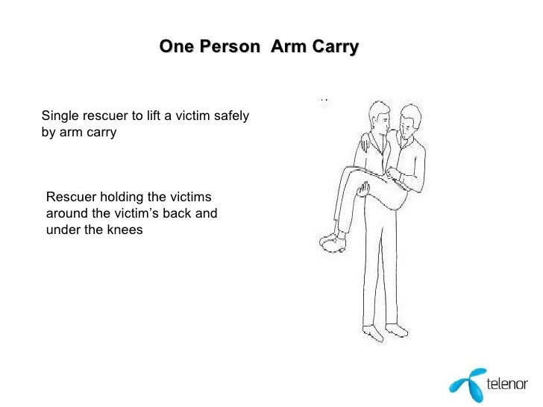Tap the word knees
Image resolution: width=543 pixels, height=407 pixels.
pyautogui.click(x=124, y=229)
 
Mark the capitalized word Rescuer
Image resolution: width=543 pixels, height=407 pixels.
pyautogui.click(x=69, y=198)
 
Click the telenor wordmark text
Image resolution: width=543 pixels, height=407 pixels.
pyautogui.click(x=506, y=385)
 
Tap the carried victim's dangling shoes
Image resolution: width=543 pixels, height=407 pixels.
pyautogui.click(x=328, y=240)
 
